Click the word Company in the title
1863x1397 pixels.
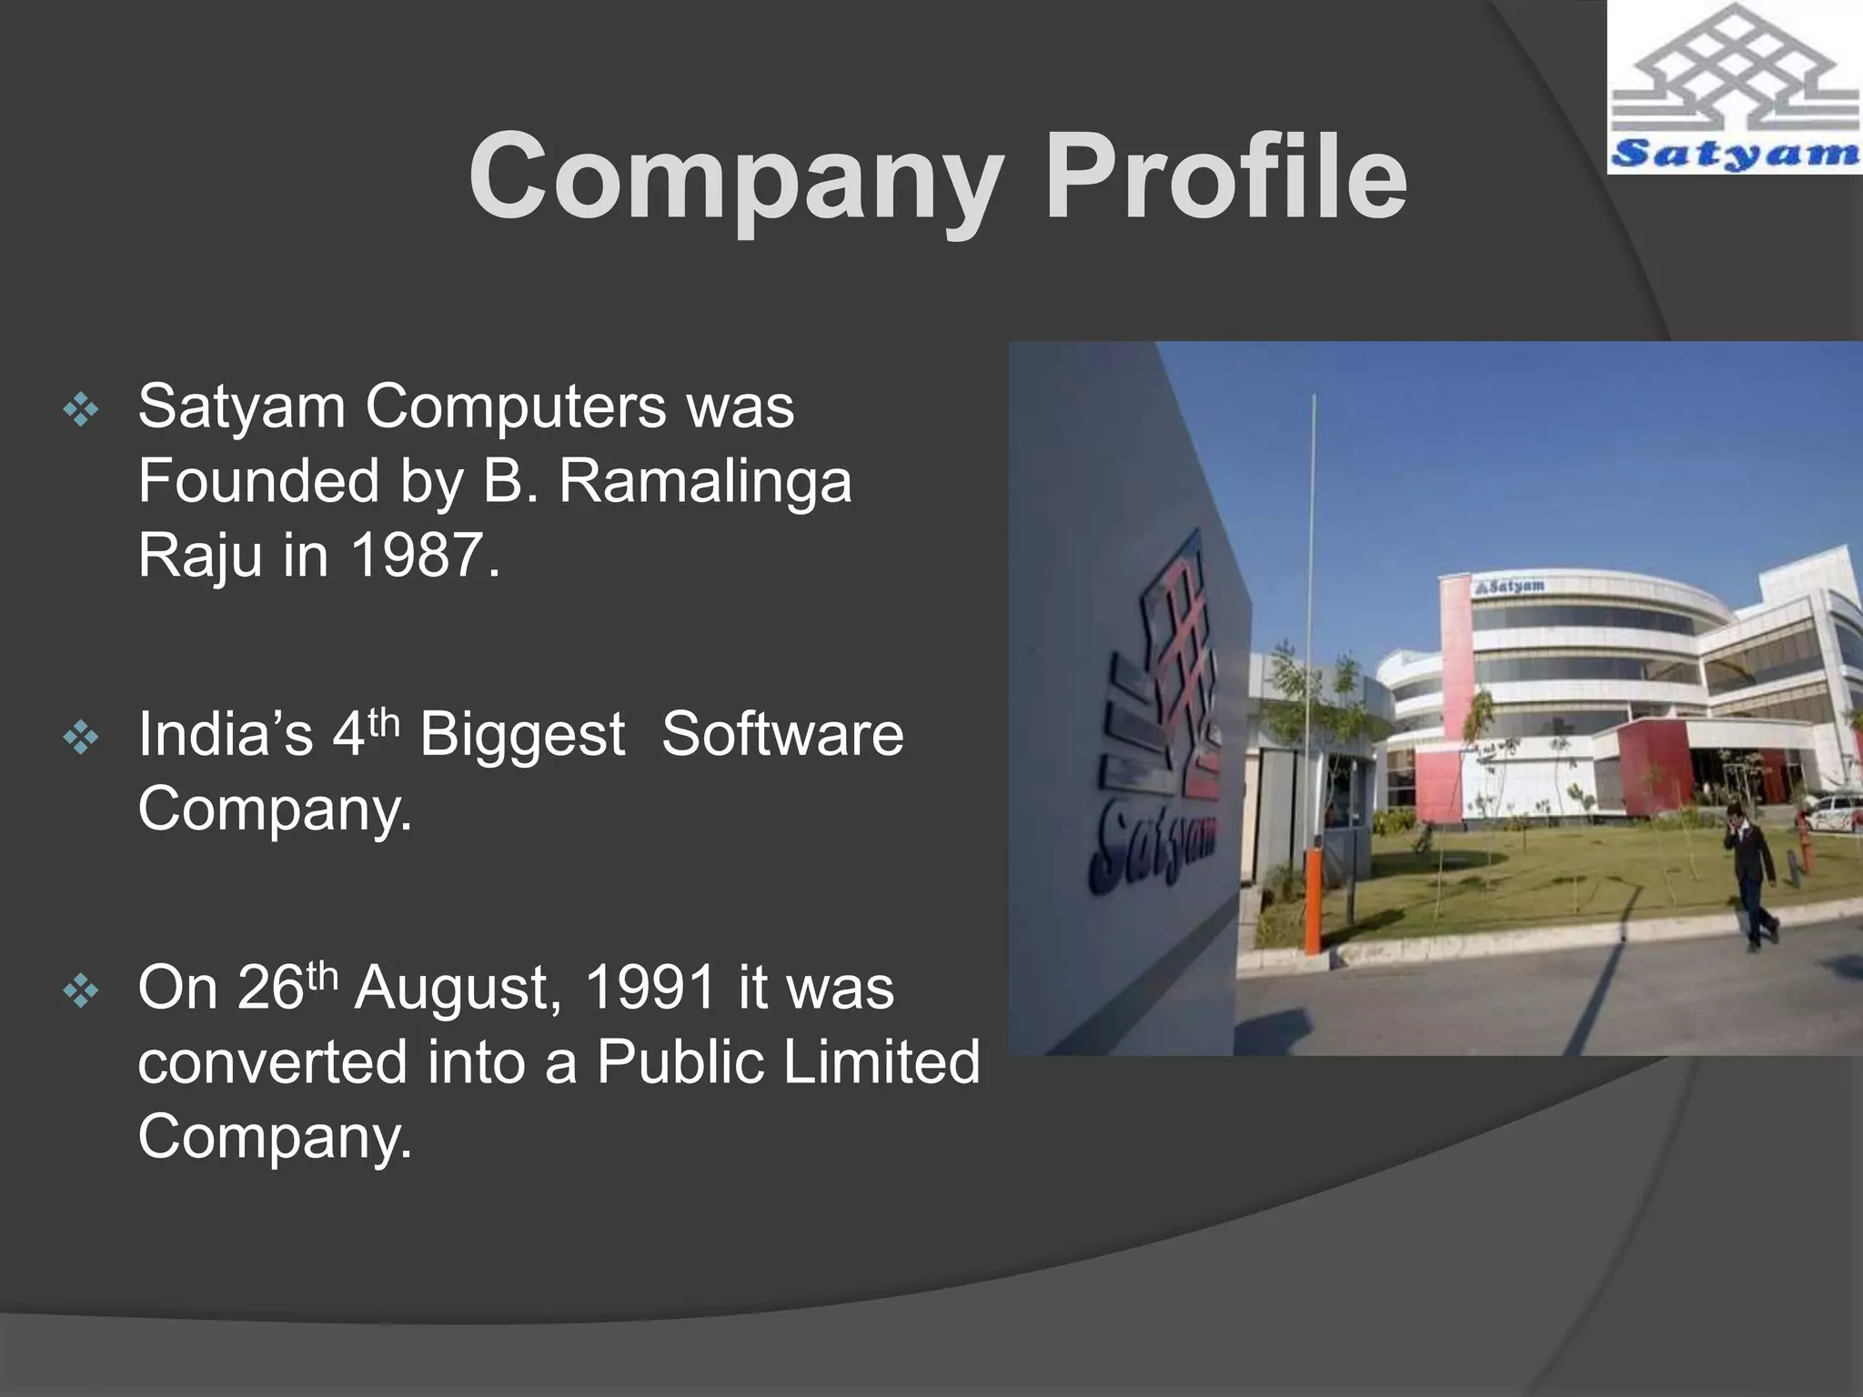pyautogui.click(x=737, y=177)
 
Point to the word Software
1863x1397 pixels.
pyautogui.click(x=782, y=734)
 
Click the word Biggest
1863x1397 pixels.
pyautogui.click(x=522, y=734)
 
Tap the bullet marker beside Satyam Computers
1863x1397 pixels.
pyautogui.click(x=81, y=411)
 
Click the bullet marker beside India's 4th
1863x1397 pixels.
pyautogui.click(x=81, y=738)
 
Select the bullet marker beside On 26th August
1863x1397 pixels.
pyautogui.click(x=81, y=991)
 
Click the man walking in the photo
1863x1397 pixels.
pyautogui.click(x=1750, y=873)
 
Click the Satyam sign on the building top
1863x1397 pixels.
pyautogui.click(x=1510, y=587)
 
